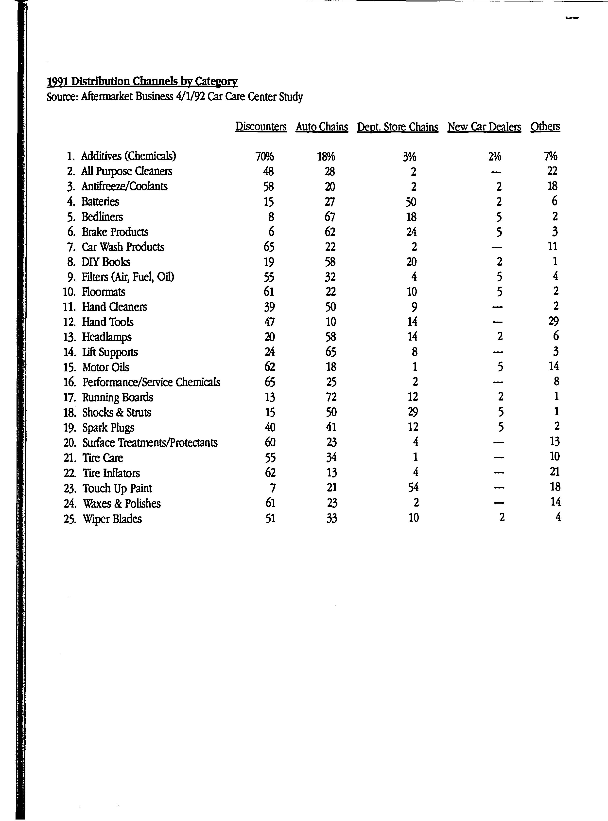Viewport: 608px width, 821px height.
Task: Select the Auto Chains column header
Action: click(x=322, y=127)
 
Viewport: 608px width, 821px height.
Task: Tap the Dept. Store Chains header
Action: click(x=398, y=127)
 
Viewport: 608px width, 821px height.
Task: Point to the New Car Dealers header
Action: click(x=484, y=127)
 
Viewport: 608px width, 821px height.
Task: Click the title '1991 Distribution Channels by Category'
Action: click(x=142, y=81)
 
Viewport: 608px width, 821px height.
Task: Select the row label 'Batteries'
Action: click(x=100, y=201)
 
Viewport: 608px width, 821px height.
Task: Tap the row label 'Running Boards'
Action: click(x=117, y=397)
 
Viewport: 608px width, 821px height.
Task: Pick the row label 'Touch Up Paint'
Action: click(x=117, y=488)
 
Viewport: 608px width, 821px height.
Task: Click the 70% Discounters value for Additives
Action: click(x=265, y=157)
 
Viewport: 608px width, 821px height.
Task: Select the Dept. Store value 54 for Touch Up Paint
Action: click(x=413, y=487)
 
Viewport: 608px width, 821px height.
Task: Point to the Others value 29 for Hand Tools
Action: click(x=554, y=321)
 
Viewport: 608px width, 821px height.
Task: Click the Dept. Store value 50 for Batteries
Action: click(x=411, y=202)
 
